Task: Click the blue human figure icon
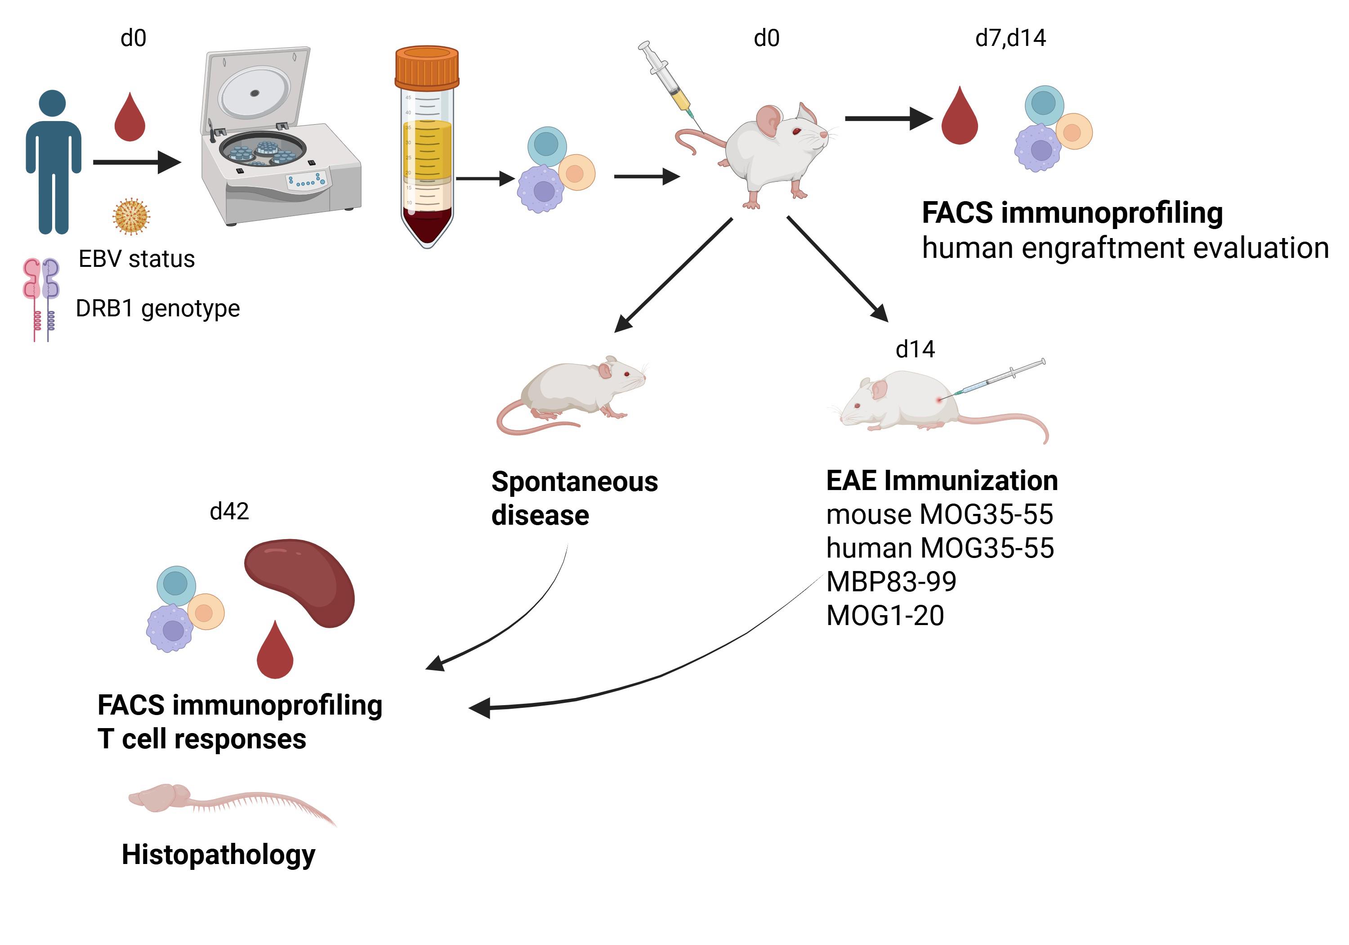click(x=53, y=162)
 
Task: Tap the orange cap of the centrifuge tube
click(x=427, y=67)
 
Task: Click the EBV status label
click(x=136, y=259)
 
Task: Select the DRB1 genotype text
click(x=157, y=309)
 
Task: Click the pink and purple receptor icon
click(x=41, y=299)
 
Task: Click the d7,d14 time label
click(x=1010, y=38)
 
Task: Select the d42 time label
click(x=229, y=512)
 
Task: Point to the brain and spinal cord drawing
click(x=232, y=803)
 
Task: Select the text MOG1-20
click(x=885, y=616)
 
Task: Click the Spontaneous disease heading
click(x=575, y=499)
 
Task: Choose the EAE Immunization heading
click(x=942, y=481)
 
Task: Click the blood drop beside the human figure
click(x=129, y=117)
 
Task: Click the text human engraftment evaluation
click(x=1125, y=248)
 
